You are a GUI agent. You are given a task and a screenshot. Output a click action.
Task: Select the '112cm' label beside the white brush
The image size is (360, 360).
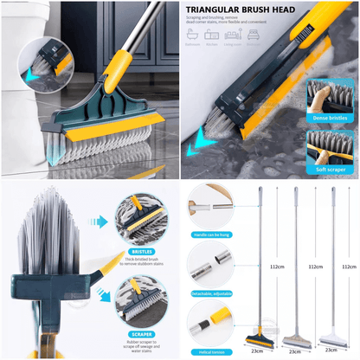click(350, 267)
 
